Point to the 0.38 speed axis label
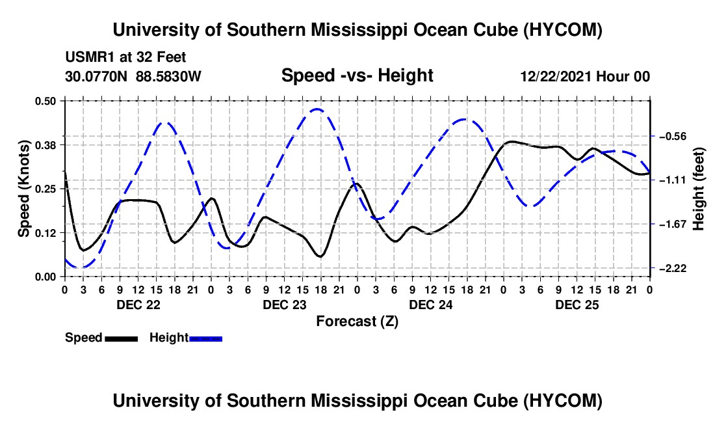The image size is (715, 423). pyautogui.click(x=45, y=145)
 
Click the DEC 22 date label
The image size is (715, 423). pyautogui.click(x=138, y=305)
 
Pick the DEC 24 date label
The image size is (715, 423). pyautogui.click(x=431, y=305)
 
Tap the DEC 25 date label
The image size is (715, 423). pyautogui.click(x=577, y=305)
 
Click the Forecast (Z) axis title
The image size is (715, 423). pyautogui.click(x=357, y=321)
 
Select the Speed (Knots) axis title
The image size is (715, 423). pyautogui.click(x=23, y=189)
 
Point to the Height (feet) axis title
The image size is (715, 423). pyautogui.click(x=698, y=189)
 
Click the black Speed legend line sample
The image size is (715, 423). pyautogui.click(x=122, y=338)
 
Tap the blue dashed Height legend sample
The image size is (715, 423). pyautogui.click(x=205, y=338)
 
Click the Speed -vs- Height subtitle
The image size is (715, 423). pyautogui.click(x=357, y=75)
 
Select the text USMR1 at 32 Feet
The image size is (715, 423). pyautogui.click(x=126, y=57)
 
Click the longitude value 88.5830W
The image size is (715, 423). pyautogui.click(x=168, y=76)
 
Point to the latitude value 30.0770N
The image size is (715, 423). pyautogui.click(x=96, y=76)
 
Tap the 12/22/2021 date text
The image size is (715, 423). pyautogui.click(x=555, y=76)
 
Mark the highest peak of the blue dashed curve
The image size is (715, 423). pyautogui.click(x=317, y=109)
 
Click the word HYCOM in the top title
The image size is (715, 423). pyautogui.click(x=562, y=30)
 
